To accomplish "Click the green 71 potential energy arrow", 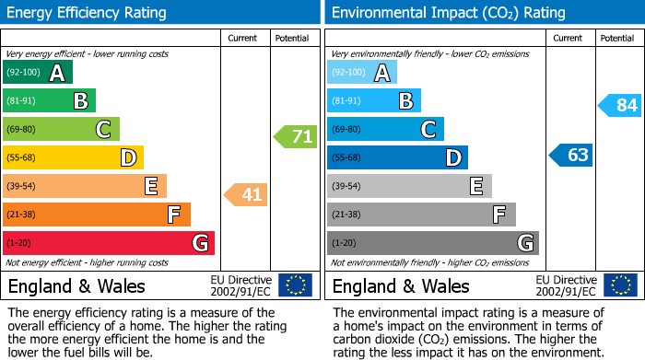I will (295, 137).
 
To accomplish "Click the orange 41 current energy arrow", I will (246, 194).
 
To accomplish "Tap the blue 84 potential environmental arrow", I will (619, 105).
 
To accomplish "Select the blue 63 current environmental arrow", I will (570, 155).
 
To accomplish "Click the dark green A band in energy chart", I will (38, 73).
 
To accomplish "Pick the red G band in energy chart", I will (109, 243).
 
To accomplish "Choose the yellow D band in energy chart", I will (73, 157).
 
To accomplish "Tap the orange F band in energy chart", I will (97, 215).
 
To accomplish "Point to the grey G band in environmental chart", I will (432, 243).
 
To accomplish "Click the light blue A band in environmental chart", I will (362, 73).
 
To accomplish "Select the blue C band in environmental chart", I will (385, 129).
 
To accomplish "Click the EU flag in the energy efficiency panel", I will (295, 285).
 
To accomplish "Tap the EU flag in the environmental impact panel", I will (619, 285).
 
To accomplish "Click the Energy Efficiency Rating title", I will (88, 13).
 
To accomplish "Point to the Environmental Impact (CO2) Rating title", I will (448, 13).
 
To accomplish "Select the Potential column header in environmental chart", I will (617, 38).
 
